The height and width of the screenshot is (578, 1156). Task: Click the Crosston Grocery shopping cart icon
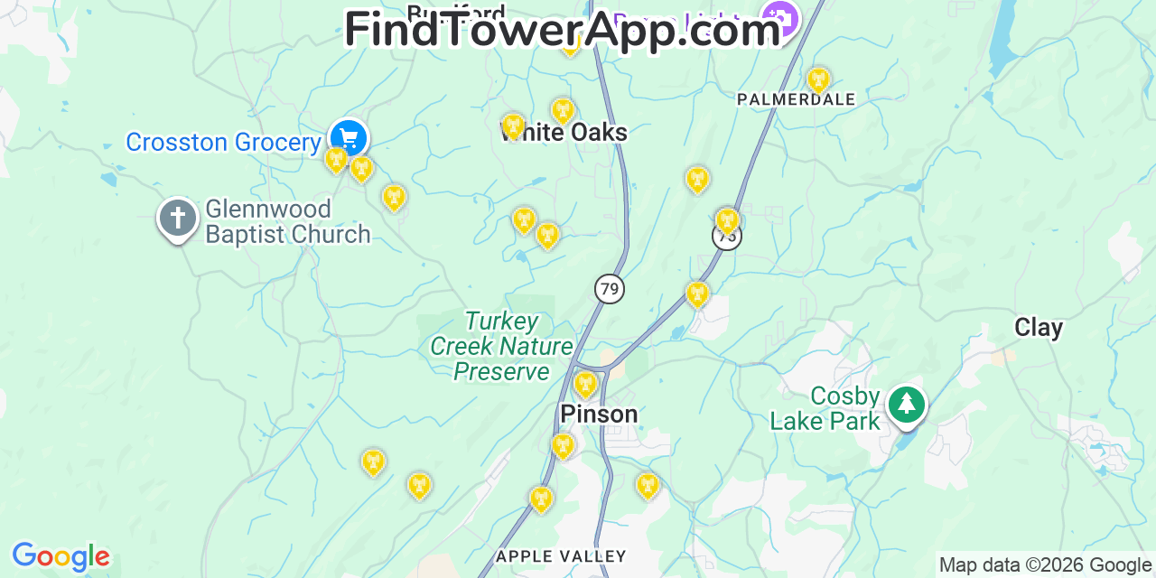coord(348,138)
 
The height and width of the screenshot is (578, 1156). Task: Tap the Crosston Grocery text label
coord(223,143)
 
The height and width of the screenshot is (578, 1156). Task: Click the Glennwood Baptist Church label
coord(287,222)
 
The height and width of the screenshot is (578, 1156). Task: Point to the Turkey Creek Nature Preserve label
coord(501,347)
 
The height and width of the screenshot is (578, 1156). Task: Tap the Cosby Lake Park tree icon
coord(906,404)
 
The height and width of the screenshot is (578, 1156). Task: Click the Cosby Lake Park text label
coord(824,409)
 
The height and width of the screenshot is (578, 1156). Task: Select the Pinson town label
coord(599,415)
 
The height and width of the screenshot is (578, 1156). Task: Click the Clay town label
coord(1039,328)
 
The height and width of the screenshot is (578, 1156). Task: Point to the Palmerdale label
coord(796,99)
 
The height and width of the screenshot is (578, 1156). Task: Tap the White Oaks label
coord(564,134)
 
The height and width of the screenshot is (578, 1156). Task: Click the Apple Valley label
coord(561,556)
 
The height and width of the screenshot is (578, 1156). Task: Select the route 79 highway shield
coord(610,289)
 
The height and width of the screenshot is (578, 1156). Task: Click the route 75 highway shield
coord(726,238)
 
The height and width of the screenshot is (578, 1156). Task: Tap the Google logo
coord(60,557)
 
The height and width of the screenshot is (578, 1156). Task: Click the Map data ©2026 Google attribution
coord(1045,565)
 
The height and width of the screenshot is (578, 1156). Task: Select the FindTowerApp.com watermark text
coord(562,30)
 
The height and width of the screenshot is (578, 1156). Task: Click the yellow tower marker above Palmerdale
coord(818,79)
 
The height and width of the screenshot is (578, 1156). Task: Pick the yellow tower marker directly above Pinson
coord(585,384)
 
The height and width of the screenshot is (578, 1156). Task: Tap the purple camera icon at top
coord(779,17)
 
